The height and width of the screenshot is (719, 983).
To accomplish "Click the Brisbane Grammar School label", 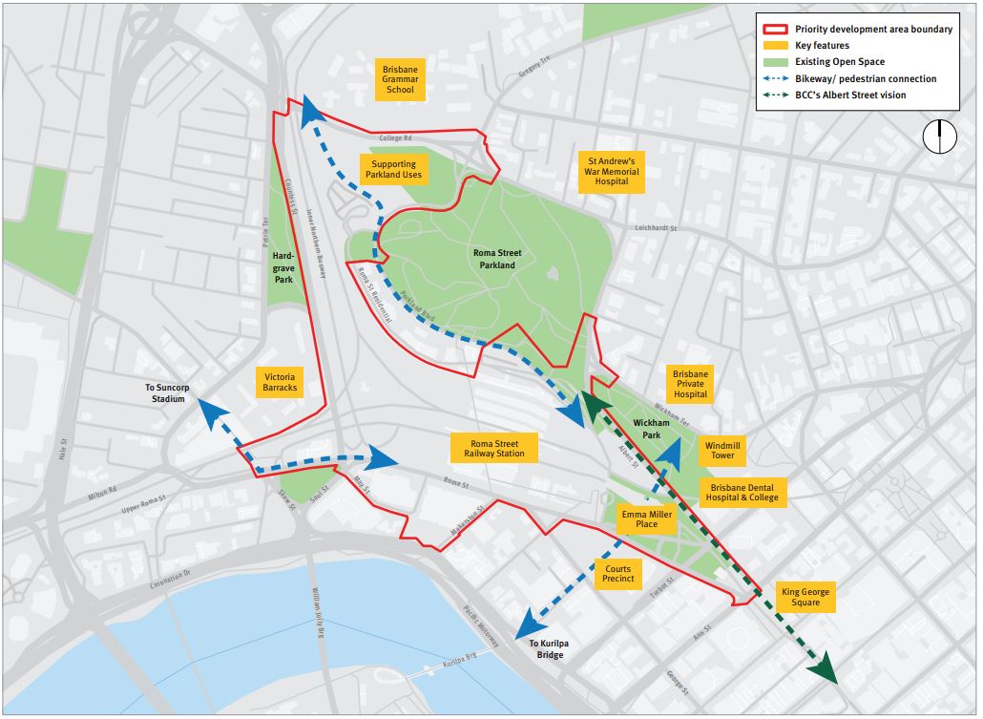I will (400, 79).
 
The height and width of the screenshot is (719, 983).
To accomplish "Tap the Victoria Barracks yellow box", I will (280, 381).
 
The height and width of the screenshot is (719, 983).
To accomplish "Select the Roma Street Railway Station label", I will (495, 448).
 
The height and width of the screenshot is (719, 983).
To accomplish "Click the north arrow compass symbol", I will (939, 137).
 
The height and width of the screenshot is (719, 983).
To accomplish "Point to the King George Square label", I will (805, 597).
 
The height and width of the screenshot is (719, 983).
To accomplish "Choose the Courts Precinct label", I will (617, 574).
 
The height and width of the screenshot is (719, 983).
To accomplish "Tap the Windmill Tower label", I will (722, 451).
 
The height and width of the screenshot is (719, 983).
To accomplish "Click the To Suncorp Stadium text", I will (164, 392).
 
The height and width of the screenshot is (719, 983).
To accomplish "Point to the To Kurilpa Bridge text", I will (551, 648).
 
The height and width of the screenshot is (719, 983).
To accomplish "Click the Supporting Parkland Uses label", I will (392, 170).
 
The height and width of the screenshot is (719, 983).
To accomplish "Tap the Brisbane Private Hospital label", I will (690, 384).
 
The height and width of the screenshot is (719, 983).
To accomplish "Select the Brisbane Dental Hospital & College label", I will (743, 491).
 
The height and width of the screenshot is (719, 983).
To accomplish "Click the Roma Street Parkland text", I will (494, 259).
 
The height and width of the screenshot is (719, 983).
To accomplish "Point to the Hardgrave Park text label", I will (283, 267).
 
